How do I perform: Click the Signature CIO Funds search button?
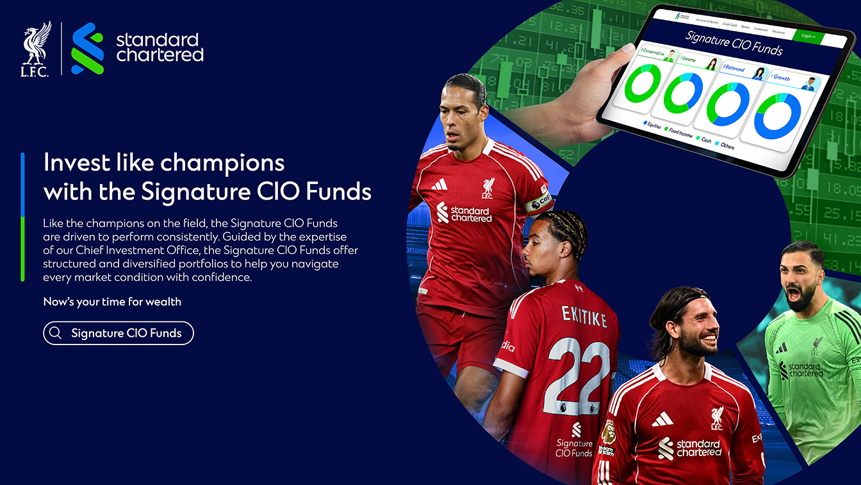pyautogui.click(x=119, y=333)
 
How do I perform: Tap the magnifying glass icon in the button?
pyautogui.click(x=56, y=333)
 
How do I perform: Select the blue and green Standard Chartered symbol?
pyautogui.click(x=88, y=48)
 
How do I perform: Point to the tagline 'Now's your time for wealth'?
pyautogui.click(x=112, y=302)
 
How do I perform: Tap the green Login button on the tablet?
pyautogui.click(x=808, y=36)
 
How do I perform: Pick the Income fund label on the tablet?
pyautogui.click(x=689, y=59)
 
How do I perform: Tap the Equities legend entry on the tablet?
pyautogui.click(x=651, y=125)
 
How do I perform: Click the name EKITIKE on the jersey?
pyautogui.click(x=583, y=316)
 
